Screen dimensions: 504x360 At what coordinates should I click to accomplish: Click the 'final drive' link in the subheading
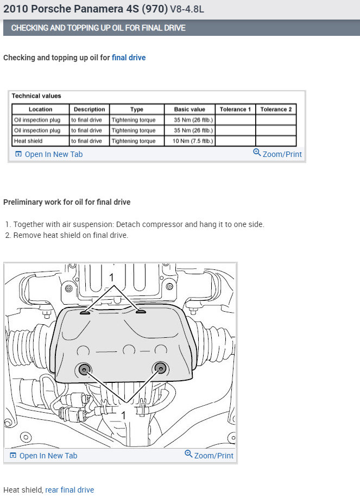point(129,58)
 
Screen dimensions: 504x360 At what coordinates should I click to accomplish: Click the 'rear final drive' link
point(70,490)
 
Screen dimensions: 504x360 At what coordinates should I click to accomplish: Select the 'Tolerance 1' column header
point(235,109)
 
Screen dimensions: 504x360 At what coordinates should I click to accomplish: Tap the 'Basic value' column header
point(190,109)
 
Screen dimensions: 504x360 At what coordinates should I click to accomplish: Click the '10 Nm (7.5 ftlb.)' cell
point(193,141)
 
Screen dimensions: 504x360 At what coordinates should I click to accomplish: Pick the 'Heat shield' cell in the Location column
point(28,141)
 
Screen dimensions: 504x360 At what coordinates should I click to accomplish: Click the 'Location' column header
point(40,109)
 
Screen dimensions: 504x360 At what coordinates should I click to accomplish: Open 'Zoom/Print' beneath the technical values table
point(277,154)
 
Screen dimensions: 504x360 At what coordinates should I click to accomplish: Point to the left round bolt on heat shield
point(84,369)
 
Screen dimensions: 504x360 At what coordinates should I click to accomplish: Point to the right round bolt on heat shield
point(160,369)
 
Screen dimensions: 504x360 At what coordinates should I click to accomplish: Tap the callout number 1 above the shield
point(111,278)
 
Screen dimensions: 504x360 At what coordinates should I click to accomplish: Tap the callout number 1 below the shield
point(123,415)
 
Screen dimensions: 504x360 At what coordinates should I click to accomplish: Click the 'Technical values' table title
point(36,96)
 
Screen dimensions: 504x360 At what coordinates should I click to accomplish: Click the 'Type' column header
point(137,109)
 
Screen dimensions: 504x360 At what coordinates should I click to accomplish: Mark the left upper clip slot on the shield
point(85,313)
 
